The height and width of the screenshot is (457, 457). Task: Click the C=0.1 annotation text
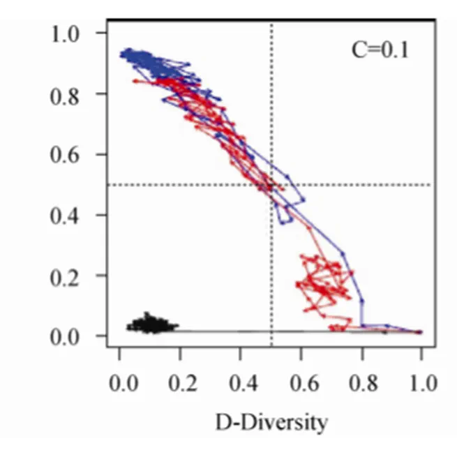point(380,50)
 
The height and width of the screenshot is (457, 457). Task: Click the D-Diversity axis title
point(271,422)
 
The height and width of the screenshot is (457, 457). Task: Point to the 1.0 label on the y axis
point(68,33)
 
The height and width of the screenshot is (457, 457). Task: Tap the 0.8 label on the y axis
point(68,93)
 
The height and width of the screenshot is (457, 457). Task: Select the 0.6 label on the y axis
point(68,154)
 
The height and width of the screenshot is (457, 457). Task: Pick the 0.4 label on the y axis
point(68,215)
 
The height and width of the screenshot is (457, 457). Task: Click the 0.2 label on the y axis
point(68,276)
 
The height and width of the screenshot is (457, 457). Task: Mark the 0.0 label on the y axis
point(68,336)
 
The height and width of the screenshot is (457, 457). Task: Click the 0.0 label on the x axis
point(121,384)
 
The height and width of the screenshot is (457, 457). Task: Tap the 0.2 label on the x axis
point(181,384)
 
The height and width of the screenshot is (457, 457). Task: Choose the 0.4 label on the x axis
point(241,384)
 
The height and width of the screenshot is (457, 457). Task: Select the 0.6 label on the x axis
point(301,384)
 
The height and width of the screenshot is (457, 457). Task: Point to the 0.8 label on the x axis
point(361,384)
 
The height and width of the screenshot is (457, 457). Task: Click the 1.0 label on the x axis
point(421,384)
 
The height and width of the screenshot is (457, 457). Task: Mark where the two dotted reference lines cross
point(271,185)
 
